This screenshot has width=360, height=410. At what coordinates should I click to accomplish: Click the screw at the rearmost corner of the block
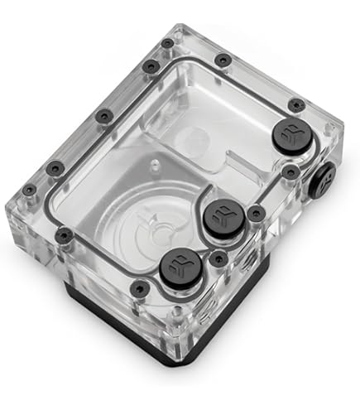click(x=167, y=43)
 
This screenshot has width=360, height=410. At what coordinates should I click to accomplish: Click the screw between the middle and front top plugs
click(x=218, y=258)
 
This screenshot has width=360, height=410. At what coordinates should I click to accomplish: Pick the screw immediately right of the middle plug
click(x=257, y=213)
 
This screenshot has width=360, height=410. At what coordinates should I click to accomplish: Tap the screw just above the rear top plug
click(x=295, y=104)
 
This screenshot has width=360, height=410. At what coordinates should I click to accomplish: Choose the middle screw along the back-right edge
click(x=223, y=60)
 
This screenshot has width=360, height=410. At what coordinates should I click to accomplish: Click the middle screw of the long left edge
click(x=102, y=116)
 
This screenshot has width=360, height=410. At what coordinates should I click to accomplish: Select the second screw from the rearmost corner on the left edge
click(x=148, y=66)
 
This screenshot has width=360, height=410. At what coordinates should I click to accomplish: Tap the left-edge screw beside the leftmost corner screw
click(x=55, y=168)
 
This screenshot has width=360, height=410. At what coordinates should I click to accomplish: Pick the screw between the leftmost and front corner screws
click(x=63, y=236)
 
